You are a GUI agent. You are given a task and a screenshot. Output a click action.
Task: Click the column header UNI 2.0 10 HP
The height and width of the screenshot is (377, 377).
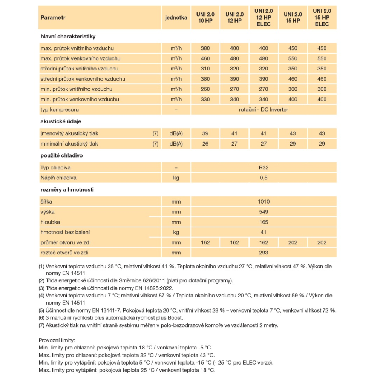click(x=205, y=17)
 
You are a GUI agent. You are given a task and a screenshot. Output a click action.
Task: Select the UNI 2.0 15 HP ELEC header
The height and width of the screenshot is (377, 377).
click(x=322, y=17)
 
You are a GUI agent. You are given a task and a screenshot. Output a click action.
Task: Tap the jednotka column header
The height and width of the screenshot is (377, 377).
click(x=176, y=17)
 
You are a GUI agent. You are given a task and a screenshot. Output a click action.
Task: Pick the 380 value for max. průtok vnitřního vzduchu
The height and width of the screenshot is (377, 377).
click(x=205, y=48)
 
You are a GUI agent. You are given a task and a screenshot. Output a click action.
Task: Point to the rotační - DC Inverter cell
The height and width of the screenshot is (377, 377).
click(x=264, y=110)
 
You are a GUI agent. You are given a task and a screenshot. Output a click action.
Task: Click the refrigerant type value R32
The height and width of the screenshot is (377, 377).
click(x=264, y=167)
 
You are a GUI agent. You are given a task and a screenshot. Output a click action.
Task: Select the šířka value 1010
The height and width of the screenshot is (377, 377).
click(x=264, y=202)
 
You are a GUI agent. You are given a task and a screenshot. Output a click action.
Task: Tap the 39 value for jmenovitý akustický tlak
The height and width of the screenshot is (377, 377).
click(x=205, y=133)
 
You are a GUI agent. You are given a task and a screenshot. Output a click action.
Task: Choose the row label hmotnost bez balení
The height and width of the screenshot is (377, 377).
click(x=65, y=232)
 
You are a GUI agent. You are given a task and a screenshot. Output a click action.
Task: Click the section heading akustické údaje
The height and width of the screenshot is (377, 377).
click(x=61, y=121)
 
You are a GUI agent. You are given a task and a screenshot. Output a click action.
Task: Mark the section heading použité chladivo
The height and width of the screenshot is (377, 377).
click(x=61, y=155)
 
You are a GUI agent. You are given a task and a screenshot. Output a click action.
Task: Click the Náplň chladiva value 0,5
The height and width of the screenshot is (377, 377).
click(x=264, y=178)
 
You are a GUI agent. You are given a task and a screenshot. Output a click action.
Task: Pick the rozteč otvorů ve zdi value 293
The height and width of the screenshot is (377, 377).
click(x=264, y=253)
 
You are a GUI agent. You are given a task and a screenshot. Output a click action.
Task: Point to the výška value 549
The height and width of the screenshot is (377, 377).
click(x=264, y=212)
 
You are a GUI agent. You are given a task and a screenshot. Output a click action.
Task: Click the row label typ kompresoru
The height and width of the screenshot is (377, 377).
click(x=60, y=110)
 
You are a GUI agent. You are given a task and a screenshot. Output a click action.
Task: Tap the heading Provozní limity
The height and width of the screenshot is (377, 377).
click(x=57, y=340)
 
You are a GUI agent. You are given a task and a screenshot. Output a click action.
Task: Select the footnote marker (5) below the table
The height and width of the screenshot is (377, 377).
click(x=41, y=310)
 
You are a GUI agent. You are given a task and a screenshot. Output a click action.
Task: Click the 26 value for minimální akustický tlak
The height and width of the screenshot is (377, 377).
click(x=205, y=144)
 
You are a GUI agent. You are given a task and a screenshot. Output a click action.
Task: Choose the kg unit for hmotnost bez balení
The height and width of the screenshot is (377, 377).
click(x=176, y=232)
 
